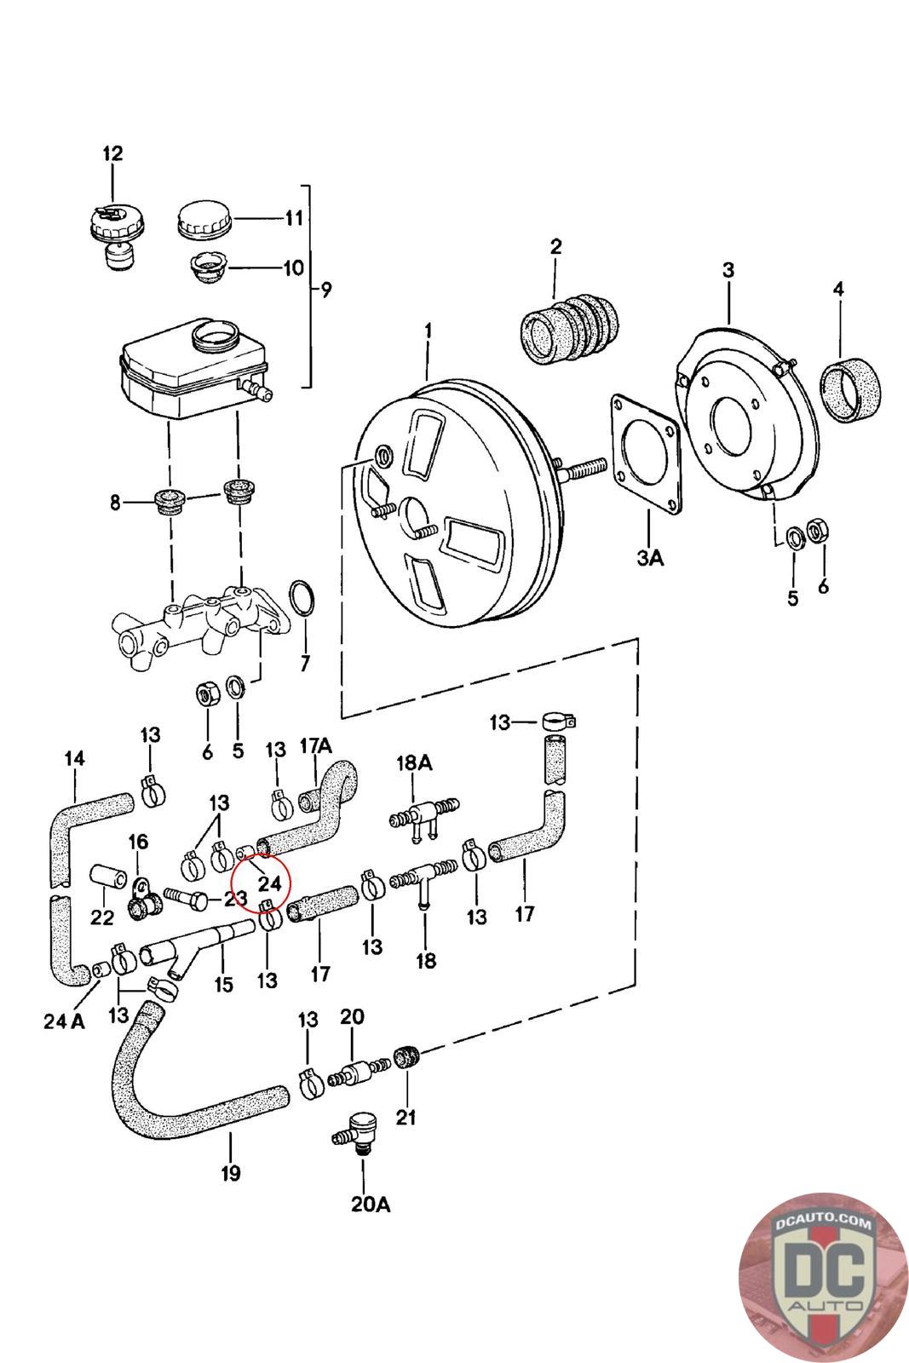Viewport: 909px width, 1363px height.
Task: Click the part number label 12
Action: (112, 152)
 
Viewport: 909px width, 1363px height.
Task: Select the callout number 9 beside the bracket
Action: (326, 290)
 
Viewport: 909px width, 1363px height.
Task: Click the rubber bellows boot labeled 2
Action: (569, 329)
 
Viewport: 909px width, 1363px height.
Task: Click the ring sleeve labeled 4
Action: (850, 390)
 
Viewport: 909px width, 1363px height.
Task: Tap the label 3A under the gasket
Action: (650, 557)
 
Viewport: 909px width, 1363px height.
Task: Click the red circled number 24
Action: (270, 883)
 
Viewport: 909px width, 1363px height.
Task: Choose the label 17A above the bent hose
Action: (316, 745)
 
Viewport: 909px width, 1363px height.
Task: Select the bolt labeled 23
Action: (187, 898)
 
